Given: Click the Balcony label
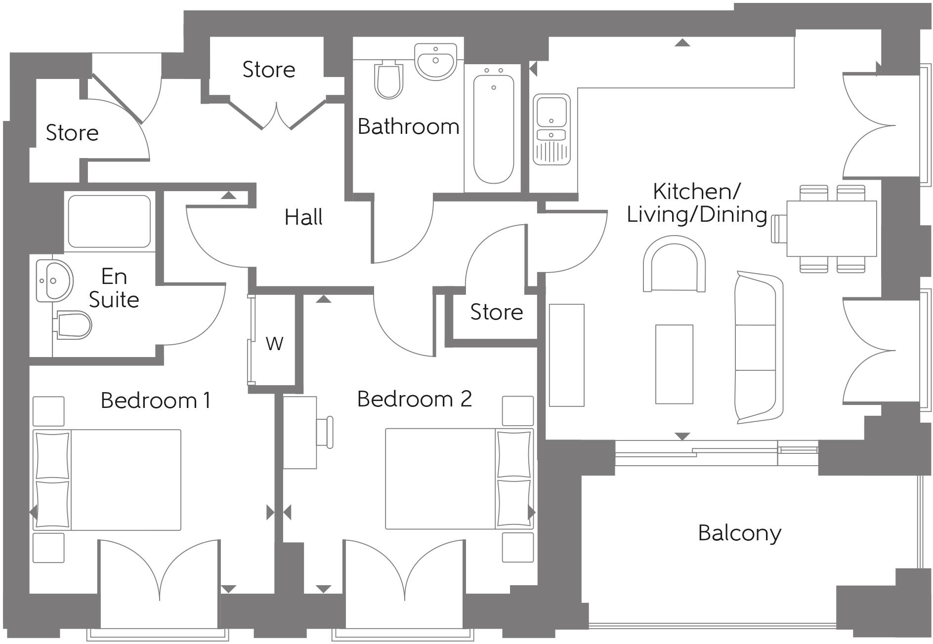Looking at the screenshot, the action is [739, 533].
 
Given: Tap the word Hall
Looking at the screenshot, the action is [303, 217].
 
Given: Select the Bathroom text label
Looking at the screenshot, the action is [408, 127].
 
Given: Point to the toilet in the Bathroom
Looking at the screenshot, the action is [388, 80].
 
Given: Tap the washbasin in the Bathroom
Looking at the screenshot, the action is [435, 61].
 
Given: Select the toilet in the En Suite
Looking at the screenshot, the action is [74, 325].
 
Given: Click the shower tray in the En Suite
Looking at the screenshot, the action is [109, 221].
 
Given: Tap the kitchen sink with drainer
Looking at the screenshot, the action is [551, 129].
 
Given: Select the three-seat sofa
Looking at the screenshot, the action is [759, 347].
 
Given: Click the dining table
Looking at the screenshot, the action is [832, 229].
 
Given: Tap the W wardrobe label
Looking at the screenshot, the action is [275, 343].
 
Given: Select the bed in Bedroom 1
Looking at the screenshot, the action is [107, 480].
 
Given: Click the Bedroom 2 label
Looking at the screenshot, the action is [414, 399].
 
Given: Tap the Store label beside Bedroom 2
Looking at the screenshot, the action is [496, 312].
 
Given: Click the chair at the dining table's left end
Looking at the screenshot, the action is [779, 229].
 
